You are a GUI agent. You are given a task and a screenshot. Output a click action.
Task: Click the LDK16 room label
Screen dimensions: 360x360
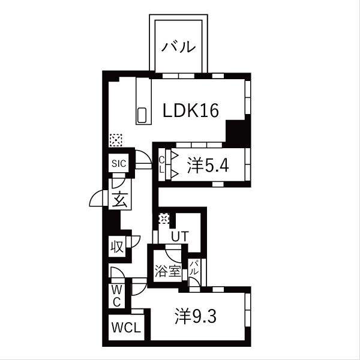tap(191, 110)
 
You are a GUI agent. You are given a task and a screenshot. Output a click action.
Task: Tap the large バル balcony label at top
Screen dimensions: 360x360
tap(178, 47)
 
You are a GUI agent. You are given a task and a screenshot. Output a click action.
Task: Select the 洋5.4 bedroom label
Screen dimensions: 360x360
tap(208, 166)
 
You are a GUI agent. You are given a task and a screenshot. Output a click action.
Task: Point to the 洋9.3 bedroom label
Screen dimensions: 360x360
tap(196, 316)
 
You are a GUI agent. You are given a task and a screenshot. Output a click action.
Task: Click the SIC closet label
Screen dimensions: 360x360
tap(119, 163)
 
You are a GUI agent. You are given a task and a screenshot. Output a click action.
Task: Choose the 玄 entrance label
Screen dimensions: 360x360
tap(119, 199)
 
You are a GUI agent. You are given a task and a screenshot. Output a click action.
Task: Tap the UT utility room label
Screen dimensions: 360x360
tap(180, 236)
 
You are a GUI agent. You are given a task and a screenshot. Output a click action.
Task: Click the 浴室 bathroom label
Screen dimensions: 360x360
tap(168, 271)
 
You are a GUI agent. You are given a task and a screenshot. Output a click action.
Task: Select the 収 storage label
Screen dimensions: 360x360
tap(117, 247)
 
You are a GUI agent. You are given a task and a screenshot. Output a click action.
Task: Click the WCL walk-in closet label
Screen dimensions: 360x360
tap(126, 328)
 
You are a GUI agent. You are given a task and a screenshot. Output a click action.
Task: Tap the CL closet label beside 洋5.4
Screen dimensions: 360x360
tap(161, 164)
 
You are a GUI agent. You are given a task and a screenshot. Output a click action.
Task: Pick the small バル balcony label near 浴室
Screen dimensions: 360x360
tap(194, 268)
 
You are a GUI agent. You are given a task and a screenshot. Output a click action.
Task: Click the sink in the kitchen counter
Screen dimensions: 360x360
tap(142, 115)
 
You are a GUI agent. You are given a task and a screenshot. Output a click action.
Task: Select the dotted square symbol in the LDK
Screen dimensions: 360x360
tap(116, 140)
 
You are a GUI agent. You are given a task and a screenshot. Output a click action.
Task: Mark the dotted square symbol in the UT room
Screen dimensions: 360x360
tap(164, 218)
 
